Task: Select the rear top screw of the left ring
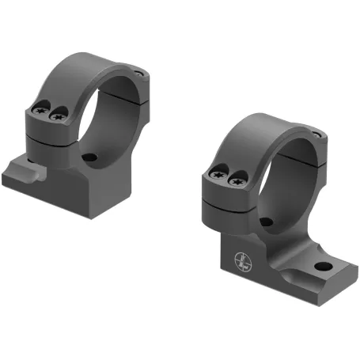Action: coord(140,73)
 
